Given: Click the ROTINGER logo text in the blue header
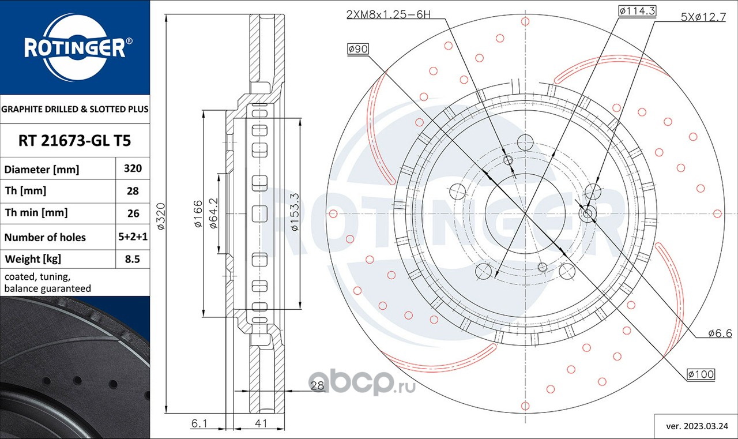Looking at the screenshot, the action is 75,48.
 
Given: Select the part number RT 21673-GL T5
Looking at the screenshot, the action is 75,140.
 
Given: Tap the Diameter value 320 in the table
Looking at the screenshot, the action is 133,168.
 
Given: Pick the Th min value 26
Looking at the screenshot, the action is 133,213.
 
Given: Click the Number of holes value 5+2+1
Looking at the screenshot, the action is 133,237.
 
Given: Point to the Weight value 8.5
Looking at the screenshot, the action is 133,259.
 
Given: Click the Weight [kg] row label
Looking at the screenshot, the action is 33,259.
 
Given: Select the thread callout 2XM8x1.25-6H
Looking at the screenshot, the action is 389,14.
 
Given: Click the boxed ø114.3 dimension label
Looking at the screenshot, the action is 637,11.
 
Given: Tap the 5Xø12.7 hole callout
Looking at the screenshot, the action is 703,17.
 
